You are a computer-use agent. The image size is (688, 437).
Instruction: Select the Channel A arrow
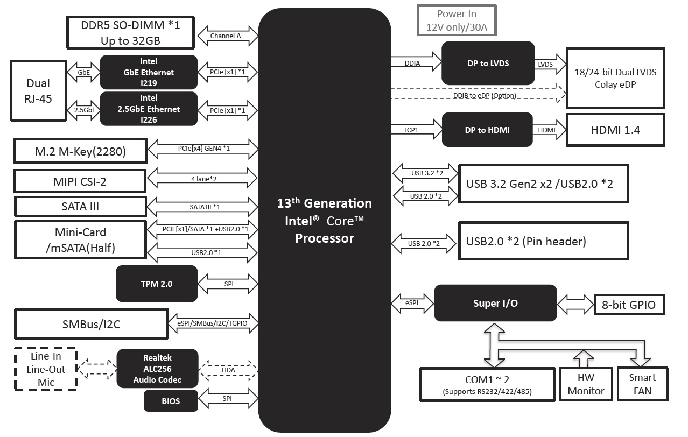[226, 36]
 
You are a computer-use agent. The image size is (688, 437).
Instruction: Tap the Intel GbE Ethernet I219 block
[149, 72]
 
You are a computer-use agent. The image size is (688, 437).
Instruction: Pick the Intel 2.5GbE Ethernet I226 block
[149, 109]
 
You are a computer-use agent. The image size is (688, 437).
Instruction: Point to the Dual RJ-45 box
[38, 90]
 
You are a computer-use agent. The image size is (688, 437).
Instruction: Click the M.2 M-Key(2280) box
[80, 152]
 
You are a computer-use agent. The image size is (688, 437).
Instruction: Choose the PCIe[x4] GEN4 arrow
[203, 147]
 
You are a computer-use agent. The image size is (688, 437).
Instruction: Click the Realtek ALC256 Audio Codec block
[157, 369]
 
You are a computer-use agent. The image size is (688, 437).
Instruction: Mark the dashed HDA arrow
[228, 370]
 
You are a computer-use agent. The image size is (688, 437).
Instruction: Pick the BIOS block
[171, 401]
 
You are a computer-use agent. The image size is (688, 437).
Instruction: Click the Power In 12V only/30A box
[457, 20]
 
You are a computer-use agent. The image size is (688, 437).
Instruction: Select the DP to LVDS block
[488, 63]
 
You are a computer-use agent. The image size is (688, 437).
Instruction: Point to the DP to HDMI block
[487, 130]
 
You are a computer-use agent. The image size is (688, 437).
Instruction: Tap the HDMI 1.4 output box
[615, 130]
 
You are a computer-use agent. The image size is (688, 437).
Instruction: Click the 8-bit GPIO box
[629, 305]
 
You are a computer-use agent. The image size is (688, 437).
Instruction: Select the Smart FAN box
[642, 384]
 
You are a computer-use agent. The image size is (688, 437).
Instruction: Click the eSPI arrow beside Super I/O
[412, 303]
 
